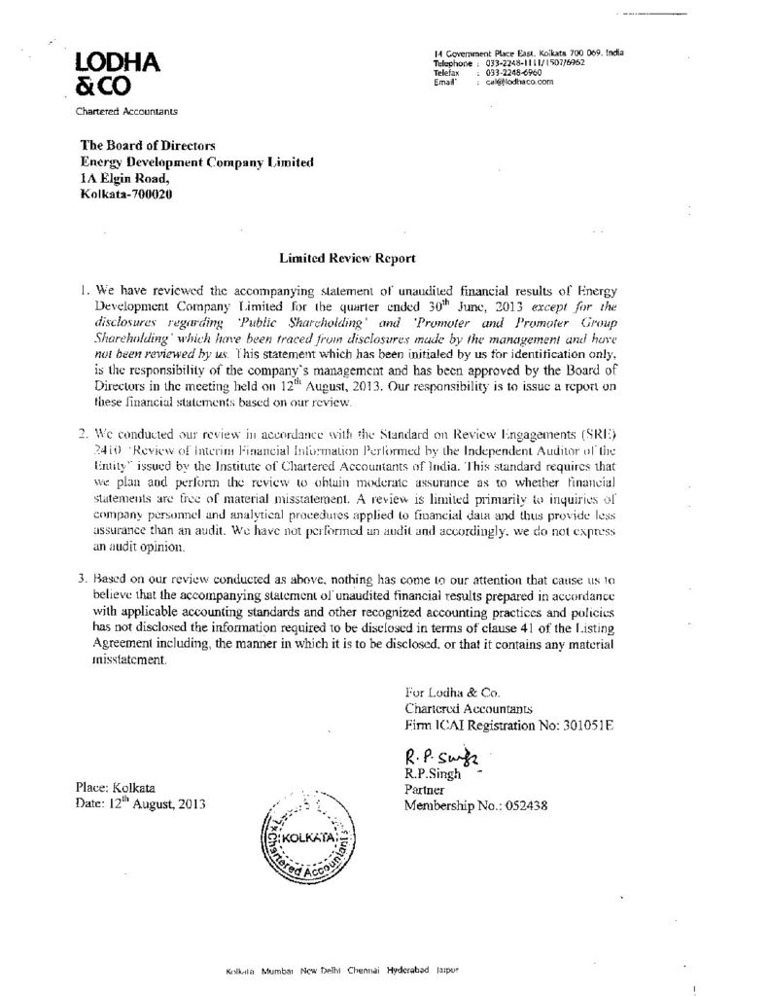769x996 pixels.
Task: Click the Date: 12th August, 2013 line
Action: point(140,804)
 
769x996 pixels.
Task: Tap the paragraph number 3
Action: point(84,581)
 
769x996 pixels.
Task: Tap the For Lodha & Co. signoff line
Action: point(450,693)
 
